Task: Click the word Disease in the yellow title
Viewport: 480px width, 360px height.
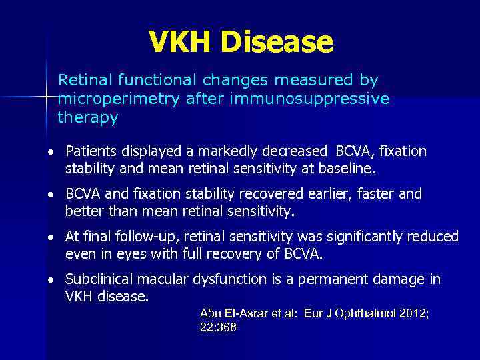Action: [x=277, y=42]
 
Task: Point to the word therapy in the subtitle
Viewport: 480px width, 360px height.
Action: [x=88, y=118]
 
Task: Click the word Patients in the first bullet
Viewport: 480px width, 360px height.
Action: [x=90, y=151]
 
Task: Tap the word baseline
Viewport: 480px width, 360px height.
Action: [x=347, y=169]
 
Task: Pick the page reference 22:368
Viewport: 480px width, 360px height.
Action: [x=218, y=327]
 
